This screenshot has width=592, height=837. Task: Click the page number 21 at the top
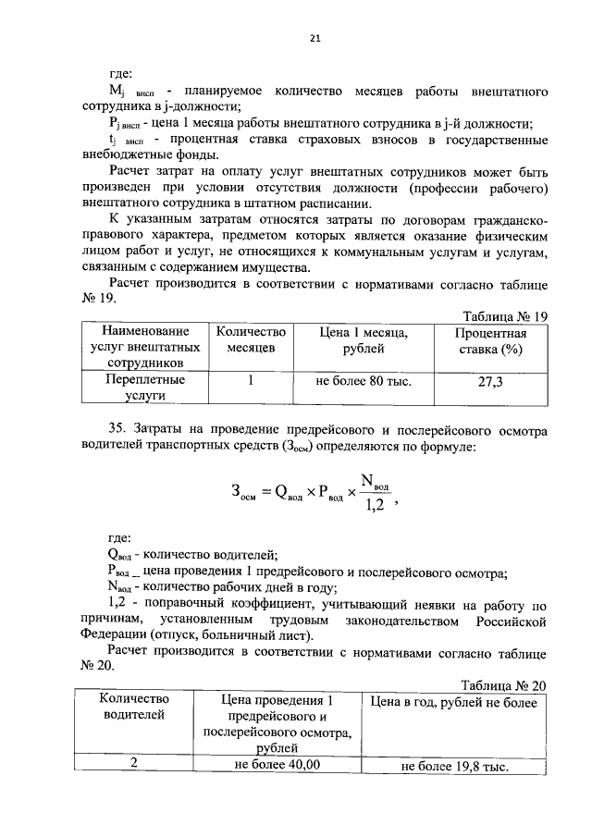click(x=314, y=38)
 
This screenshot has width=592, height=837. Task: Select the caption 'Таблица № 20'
click(x=505, y=684)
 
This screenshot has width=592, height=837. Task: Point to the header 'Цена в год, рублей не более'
click(x=452, y=702)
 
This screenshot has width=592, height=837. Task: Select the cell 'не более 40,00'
click(x=277, y=765)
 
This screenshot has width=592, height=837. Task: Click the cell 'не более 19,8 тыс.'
click(x=453, y=767)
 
